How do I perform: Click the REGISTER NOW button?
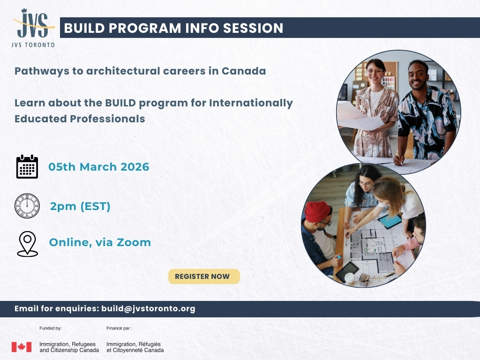click(x=204, y=277)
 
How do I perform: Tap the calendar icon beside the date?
click(x=27, y=166)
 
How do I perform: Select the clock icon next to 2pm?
click(x=27, y=206)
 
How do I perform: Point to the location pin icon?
click(x=28, y=244)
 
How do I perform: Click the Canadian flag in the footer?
click(x=22, y=347)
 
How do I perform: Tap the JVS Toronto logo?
click(x=33, y=28)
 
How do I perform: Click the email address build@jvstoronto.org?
click(x=148, y=308)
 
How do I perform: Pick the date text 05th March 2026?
click(x=98, y=167)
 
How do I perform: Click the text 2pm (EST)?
click(x=80, y=206)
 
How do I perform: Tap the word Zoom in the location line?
click(x=134, y=242)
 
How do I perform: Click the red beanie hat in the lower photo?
click(x=317, y=211)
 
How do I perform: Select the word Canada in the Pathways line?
click(x=244, y=71)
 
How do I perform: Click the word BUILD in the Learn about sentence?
click(x=120, y=103)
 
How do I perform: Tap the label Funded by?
click(x=51, y=328)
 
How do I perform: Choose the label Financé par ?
click(x=120, y=328)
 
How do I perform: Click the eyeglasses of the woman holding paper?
click(x=375, y=72)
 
